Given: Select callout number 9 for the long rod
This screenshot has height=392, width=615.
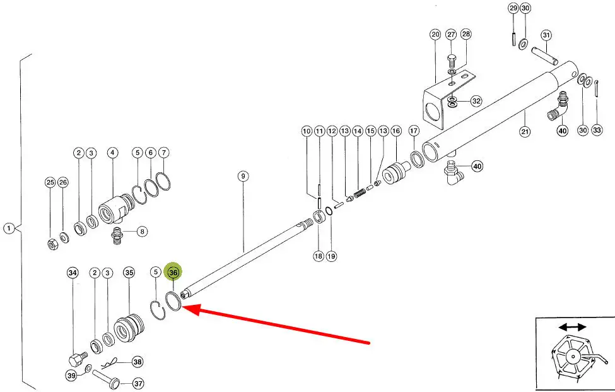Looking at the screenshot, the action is pyautogui.click(x=243, y=175).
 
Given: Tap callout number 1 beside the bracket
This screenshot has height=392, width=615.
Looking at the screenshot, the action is pyautogui.click(x=8, y=228).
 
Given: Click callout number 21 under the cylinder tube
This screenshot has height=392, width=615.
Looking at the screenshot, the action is pyautogui.click(x=525, y=132).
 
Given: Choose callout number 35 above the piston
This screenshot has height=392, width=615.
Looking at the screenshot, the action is pyautogui.click(x=129, y=273).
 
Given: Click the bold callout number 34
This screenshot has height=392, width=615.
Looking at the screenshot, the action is pyautogui.click(x=73, y=273).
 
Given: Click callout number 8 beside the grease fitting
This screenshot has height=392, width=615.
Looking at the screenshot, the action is pyautogui.click(x=143, y=231).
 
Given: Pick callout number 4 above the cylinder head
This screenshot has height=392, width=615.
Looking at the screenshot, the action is pyautogui.click(x=112, y=153).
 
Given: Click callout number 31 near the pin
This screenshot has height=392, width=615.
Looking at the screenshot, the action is pyautogui.click(x=546, y=35).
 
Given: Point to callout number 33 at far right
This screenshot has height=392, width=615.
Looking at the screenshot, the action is pyautogui.click(x=597, y=130).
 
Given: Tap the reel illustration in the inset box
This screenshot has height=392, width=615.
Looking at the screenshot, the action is pyautogui.click(x=573, y=358).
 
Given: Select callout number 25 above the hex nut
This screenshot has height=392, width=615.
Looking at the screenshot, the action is pyautogui.click(x=50, y=182).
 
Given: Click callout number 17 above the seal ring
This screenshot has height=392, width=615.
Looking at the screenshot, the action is pyautogui.click(x=414, y=131).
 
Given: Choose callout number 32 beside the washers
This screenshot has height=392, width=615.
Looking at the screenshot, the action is pyautogui.click(x=476, y=101).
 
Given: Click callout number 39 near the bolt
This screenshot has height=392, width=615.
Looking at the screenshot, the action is pyautogui.click(x=71, y=376).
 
